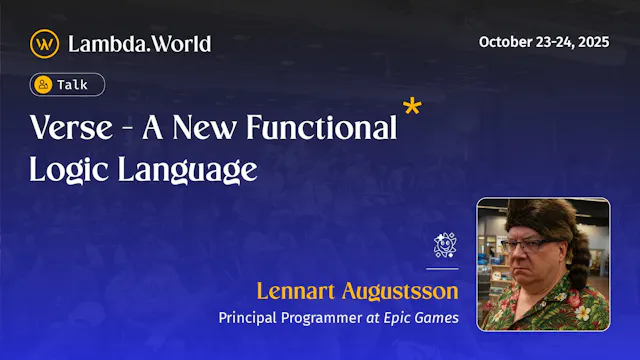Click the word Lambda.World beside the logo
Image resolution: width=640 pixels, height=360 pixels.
pyautogui.click(x=139, y=44)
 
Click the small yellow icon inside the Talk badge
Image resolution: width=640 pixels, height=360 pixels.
pyautogui.click(x=44, y=86)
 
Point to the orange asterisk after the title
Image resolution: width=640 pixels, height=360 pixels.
pyautogui.click(x=410, y=108)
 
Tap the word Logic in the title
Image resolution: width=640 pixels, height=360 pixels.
pyautogui.click(x=65, y=170)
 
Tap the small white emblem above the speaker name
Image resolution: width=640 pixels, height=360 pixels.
pyautogui.click(x=445, y=245)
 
